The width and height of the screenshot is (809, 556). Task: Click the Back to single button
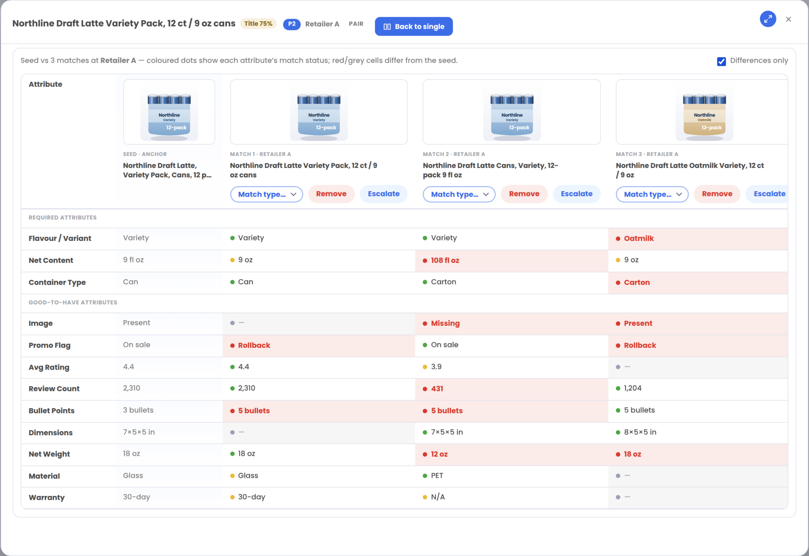pyautogui.click(x=414, y=26)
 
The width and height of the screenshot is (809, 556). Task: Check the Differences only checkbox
pyautogui.click(x=721, y=61)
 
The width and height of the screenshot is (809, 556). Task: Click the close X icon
pyautogui.click(x=788, y=19)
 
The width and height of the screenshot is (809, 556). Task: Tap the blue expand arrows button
pyautogui.click(x=768, y=19)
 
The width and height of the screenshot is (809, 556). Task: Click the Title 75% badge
pyautogui.click(x=258, y=24)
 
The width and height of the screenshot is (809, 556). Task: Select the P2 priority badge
pyautogui.click(x=292, y=24)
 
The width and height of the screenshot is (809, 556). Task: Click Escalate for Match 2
pyautogui.click(x=576, y=194)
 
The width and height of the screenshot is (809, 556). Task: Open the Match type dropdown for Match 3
pyautogui.click(x=652, y=194)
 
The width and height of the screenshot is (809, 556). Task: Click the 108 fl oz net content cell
pyautogui.click(x=445, y=261)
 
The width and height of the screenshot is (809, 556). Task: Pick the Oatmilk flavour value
pyautogui.click(x=639, y=239)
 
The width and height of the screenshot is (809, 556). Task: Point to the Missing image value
pyautogui.click(x=445, y=323)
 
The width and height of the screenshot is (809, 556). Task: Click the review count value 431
pyautogui.click(x=437, y=389)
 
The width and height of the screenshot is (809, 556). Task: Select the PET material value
pyautogui.click(x=437, y=476)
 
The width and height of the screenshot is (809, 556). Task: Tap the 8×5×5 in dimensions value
pyautogui.click(x=640, y=432)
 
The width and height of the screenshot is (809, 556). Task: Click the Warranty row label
pyautogui.click(x=47, y=498)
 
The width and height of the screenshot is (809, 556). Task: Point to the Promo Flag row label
pyautogui.click(x=49, y=346)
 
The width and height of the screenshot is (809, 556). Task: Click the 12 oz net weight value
pyautogui.click(x=439, y=454)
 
